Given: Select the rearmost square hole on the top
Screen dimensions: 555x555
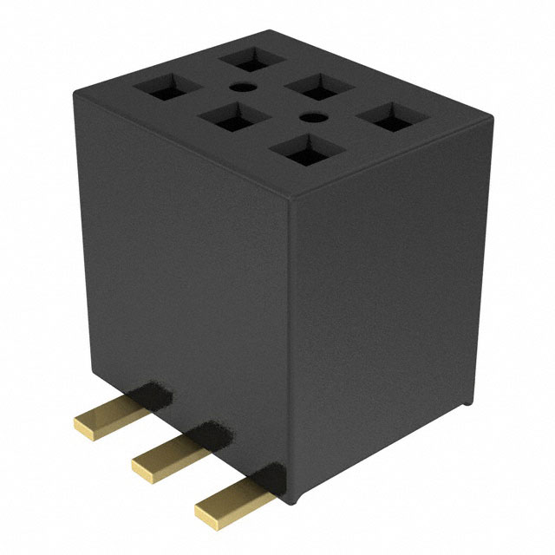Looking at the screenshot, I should tap(252, 59).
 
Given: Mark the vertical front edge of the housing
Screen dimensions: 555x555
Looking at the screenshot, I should tap(290, 347).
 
